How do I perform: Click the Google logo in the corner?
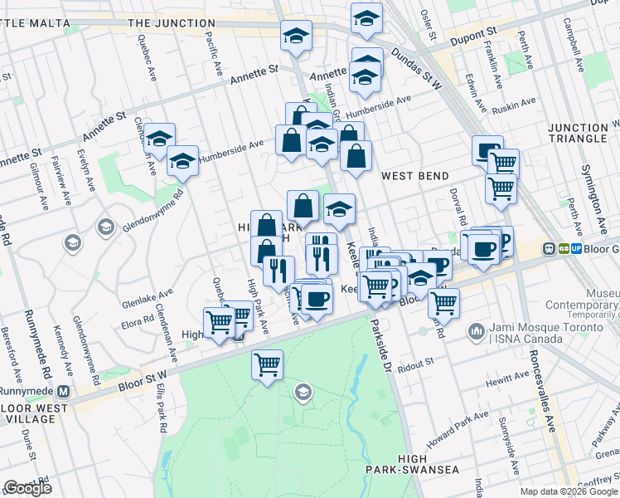click(27, 488)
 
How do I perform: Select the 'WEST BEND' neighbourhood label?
click(414, 176)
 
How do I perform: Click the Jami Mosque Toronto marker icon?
click(477, 332)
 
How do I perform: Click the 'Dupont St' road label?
click(473, 37)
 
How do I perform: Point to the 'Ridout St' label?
click(415, 363)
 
